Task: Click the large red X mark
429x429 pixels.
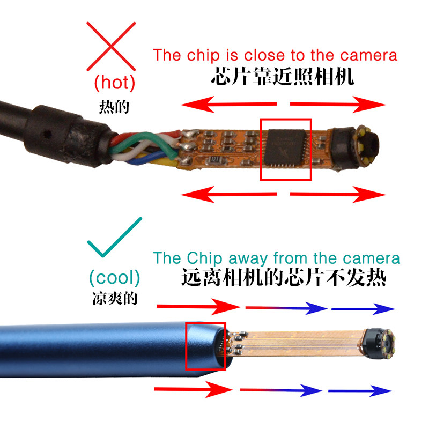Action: pyautogui.click(x=111, y=47)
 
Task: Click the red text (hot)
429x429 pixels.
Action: pyautogui.click(x=115, y=83)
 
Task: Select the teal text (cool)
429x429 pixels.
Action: pyautogui.click(x=114, y=278)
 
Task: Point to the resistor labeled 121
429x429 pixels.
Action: pyautogui.click(x=216, y=159)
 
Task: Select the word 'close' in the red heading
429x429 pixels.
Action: pyautogui.click(x=264, y=55)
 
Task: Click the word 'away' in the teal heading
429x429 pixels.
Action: pyautogui.click(x=248, y=258)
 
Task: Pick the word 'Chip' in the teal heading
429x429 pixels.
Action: pyautogui.click(x=204, y=258)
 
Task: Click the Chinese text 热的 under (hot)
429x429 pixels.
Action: pyautogui.click(x=114, y=107)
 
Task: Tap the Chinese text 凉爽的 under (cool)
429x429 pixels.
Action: pyautogui.click(x=115, y=298)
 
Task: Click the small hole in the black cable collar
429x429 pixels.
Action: pyautogui.click(x=48, y=134)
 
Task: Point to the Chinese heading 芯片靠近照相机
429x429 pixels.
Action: pyautogui.click(x=283, y=76)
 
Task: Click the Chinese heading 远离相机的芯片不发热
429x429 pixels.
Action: pyautogui.click(x=284, y=278)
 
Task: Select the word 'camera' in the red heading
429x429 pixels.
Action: pyautogui.click(x=368, y=55)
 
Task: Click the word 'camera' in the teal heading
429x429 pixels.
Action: pyautogui.click(x=371, y=258)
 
